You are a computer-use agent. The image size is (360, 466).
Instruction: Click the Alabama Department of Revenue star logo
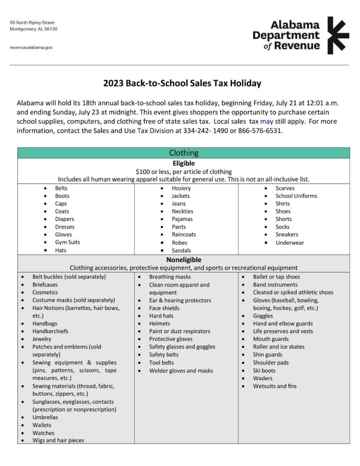(338, 35)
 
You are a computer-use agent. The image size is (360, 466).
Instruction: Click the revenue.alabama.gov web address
(31, 47)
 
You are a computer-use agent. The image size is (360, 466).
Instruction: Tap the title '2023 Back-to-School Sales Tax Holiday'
(182, 83)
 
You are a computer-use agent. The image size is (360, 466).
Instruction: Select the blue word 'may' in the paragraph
(266, 121)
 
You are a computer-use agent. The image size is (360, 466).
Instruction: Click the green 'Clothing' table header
(184, 153)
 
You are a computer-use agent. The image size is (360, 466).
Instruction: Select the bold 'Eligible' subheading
(184, 163)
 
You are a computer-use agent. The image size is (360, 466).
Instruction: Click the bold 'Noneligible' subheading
(184, 260)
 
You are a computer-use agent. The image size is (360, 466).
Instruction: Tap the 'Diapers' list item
(64, 219)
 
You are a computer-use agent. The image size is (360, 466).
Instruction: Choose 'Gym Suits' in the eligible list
(68, 242)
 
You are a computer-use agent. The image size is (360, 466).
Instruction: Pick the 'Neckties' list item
(183, 211)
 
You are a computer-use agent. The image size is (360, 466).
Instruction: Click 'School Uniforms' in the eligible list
(296, 196)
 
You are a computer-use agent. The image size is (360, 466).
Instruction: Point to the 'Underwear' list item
(290, 243)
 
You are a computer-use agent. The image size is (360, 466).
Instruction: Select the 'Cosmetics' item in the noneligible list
(45, 292)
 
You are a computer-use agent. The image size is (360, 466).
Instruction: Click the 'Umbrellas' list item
(45, 417)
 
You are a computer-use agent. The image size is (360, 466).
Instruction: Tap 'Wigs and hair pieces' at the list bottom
(58, 440)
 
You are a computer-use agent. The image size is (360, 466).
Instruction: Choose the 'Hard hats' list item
(161, 316)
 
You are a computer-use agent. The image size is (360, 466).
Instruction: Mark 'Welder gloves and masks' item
(181, 370)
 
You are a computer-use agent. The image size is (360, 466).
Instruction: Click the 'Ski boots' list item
(264, 370)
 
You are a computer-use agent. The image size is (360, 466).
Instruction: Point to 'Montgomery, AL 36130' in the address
(34, 29)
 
